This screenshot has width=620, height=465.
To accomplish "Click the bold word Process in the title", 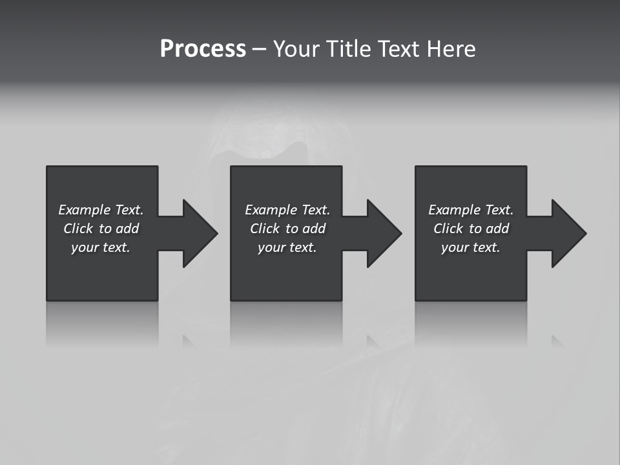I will point(203,49).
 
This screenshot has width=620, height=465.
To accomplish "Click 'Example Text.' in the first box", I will point(101,210).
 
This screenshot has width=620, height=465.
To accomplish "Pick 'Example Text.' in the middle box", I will point(287,210).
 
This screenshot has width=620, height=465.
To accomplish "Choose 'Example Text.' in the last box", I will point(471,210).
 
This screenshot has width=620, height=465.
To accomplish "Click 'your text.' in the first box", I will point(101,247).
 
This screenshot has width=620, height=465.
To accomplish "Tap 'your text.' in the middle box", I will point(287,247).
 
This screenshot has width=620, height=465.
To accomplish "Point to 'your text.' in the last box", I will point(471,247).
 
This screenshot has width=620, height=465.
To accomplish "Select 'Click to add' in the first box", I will point(101,229).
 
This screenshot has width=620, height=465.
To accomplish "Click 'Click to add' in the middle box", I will point(287,229).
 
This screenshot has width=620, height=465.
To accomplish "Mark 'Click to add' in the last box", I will point(471,229).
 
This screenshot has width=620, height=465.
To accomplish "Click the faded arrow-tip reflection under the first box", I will point(188,341).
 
